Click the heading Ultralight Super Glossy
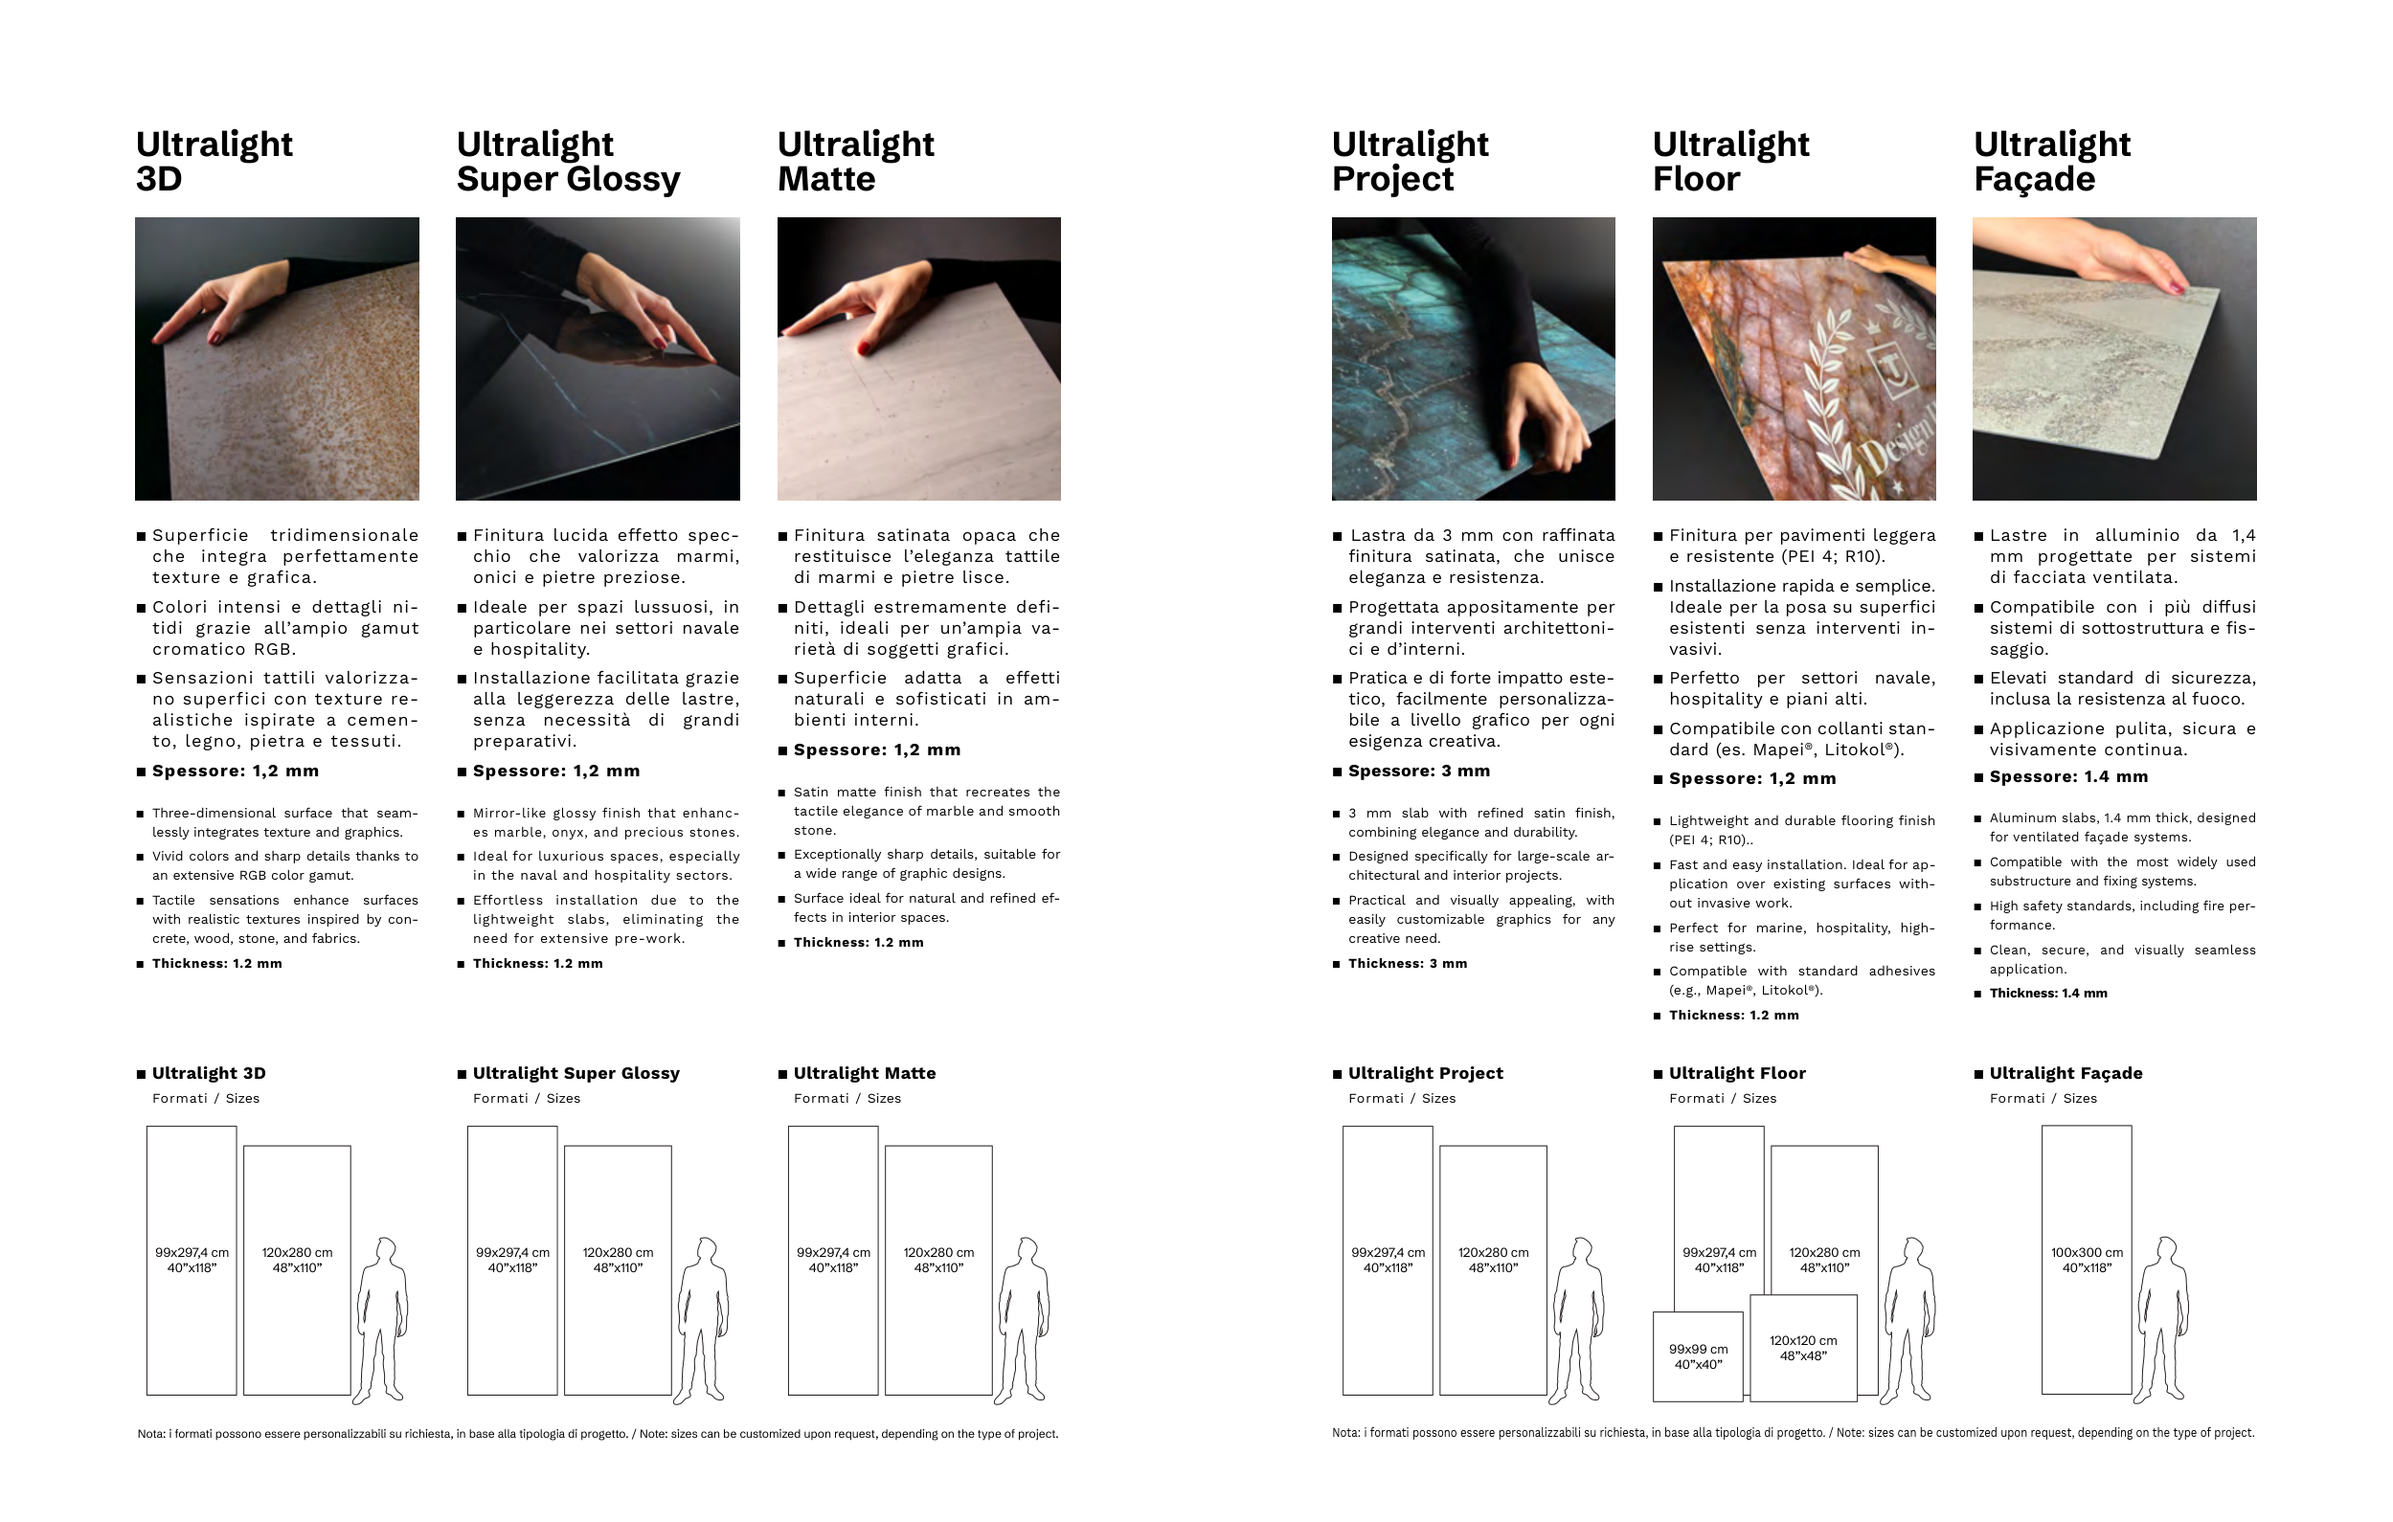click(x=569, y=161)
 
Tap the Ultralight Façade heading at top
click(x=2052, y=161)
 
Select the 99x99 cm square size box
click(x=1698, y=1356)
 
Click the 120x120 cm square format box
click(x=1803, y=1348)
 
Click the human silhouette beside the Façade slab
click(x=2163, y=1319)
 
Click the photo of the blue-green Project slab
click(x=1473, y=359)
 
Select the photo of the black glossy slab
click(x=598, y=359)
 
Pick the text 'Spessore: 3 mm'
click(x=1419, y=771)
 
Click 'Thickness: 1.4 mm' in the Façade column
click(x=2048, y=994)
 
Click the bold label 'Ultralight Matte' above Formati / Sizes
click(x=865, y=1073)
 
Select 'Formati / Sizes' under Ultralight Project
click(x=1401, y=1098)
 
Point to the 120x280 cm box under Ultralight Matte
click(x=938, y=1269)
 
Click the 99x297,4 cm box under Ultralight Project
click(x=1388, y=1260)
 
